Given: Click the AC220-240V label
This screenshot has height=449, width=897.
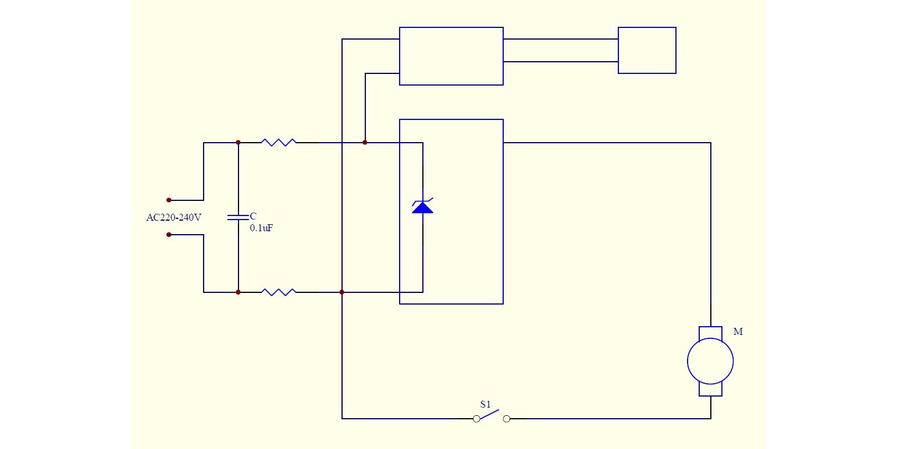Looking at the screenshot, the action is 173,217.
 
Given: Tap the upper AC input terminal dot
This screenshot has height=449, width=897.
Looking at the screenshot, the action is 169,200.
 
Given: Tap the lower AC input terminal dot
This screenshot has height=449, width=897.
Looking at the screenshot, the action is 169,235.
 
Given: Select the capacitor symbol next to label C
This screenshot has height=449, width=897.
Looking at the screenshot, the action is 238,217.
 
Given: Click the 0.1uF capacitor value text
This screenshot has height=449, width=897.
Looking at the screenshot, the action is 262,228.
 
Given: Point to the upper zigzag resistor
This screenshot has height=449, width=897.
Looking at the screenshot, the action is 279,142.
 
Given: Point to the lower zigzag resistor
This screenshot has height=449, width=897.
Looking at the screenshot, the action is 279,292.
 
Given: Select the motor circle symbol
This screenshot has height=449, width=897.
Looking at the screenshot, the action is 710,361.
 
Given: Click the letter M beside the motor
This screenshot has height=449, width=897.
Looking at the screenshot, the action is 738,331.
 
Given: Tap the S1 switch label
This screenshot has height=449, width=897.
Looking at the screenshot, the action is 485,404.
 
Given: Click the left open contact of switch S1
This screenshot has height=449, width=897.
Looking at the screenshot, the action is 476,419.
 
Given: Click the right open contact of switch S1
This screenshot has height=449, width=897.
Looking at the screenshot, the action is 507,419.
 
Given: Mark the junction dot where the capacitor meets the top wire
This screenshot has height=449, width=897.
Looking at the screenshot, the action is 239,142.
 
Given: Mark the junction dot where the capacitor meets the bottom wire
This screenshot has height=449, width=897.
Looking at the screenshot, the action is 239,292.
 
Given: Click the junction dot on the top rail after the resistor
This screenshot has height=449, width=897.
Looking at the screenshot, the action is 365,142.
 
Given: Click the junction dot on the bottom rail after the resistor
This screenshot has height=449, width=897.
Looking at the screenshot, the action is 341,292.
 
